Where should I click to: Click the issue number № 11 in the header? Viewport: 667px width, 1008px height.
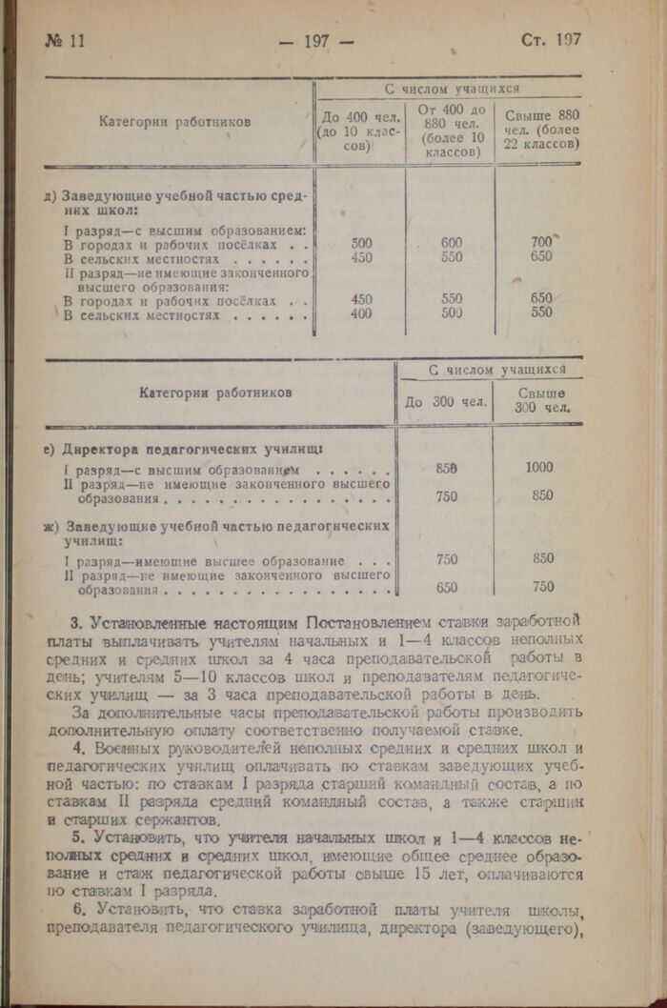pos(66,41)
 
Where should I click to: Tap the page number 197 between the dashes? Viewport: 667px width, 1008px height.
pos(315,41)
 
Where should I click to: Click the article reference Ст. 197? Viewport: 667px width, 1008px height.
pos(551,40)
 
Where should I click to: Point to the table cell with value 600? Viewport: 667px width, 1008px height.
pos(452,243)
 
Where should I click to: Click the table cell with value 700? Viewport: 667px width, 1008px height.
pos(541,243)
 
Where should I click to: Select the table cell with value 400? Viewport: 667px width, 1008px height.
pos(362,312)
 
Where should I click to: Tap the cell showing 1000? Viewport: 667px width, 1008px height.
pos(538,468)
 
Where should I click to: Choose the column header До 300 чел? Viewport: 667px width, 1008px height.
pos(442,401)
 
